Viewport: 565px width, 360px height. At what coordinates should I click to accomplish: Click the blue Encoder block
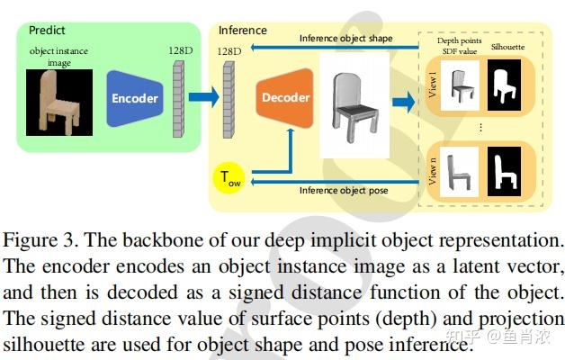(x=134, y=98)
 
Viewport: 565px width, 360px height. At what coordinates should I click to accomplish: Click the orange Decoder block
(x=285, y=97)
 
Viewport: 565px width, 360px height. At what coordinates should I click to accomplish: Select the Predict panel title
(x=47, y=30)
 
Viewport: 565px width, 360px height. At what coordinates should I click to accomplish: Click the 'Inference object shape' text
(x=346, y=38)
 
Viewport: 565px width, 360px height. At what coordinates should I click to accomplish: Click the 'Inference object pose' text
(x=343, y=189)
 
